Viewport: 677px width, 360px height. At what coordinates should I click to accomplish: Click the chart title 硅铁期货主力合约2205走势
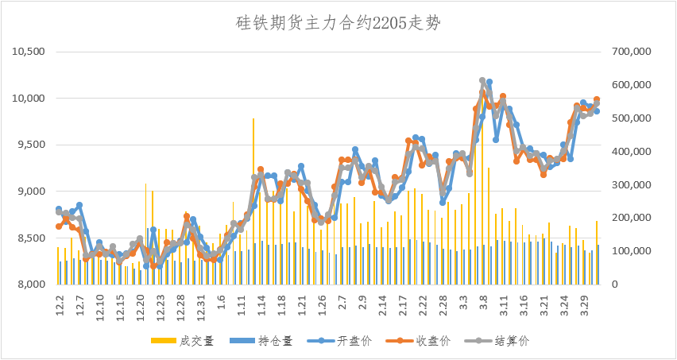coord(338,23)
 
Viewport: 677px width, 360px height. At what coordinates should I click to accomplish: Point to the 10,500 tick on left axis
coord(29,52)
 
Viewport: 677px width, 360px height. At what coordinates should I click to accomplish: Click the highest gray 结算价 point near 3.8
coord(482,81)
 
